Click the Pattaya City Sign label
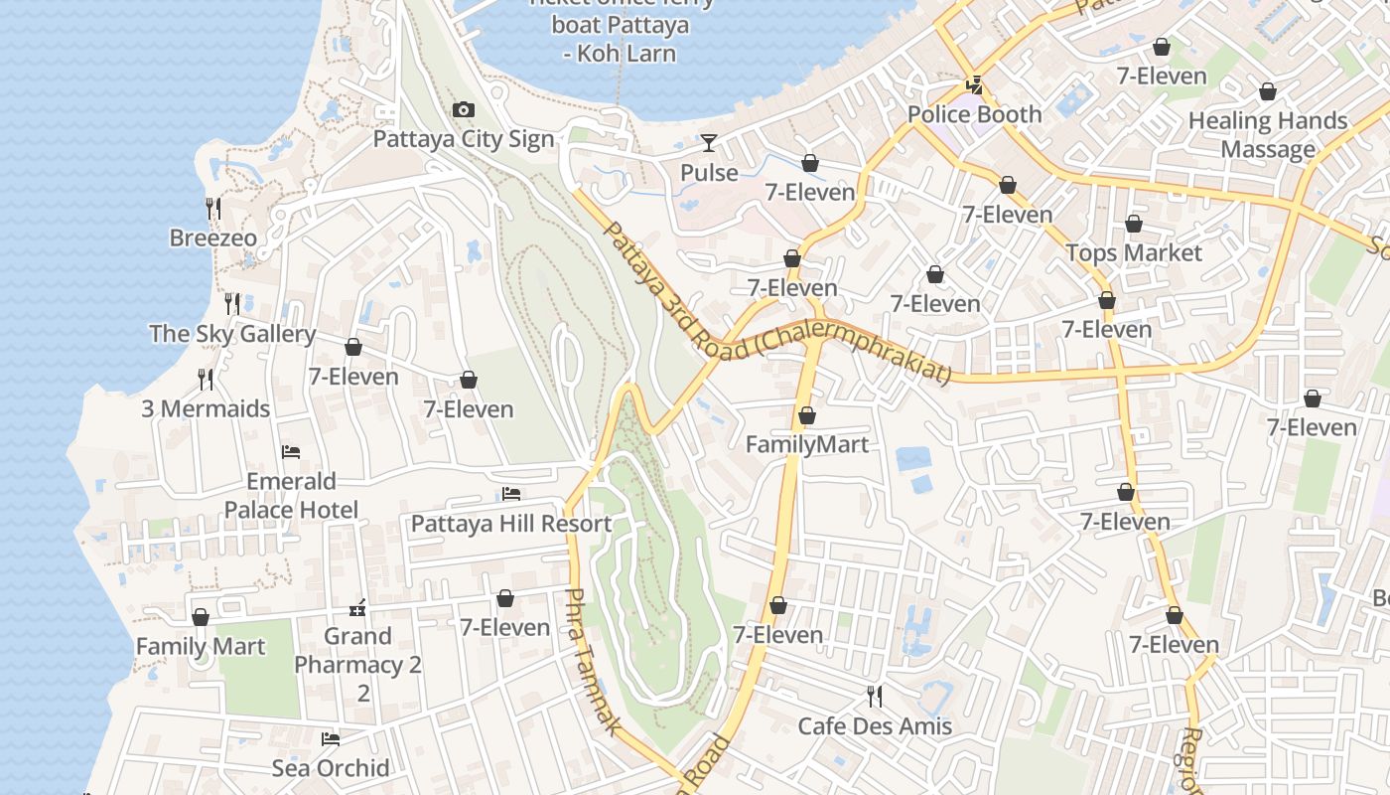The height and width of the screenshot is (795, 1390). (x=463, y=138)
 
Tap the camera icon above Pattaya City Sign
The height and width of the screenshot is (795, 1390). (x=463, y=109)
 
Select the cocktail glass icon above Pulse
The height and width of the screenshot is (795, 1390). (x=709, y=143)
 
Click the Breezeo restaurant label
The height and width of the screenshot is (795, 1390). (x=212, y=238)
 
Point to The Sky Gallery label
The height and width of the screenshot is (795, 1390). (x=232, y=334)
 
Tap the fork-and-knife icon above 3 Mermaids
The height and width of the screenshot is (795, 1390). (x=206, y=379)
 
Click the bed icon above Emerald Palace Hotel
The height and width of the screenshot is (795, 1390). (x=291, y=452)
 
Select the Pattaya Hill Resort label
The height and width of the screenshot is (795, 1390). (x=511, y=524)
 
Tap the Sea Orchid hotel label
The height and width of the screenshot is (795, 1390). (x=331, y=768)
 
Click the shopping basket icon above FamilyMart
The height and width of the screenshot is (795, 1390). (x=807, y=415)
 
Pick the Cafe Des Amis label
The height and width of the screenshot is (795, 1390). (x=875, y=726)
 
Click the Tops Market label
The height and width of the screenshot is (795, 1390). (x=1134, y=253)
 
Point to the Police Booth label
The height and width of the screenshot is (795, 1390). (x=974, y=114)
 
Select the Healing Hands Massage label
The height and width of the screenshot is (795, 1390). (x=1268, y=135)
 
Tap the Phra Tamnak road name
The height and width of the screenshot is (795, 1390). (x=594, y=661)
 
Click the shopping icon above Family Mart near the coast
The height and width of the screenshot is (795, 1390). (x=201, y=617)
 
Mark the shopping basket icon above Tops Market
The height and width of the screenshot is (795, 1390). (x=1134, y=225)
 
